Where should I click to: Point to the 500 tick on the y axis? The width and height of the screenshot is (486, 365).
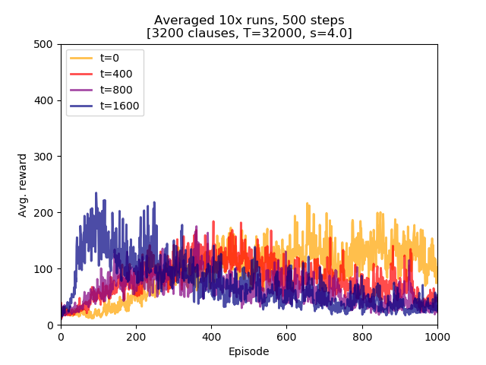(47, 44)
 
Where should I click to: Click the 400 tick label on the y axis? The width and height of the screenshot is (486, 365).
(47, 100)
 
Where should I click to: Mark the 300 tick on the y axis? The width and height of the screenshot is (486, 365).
(47, 157)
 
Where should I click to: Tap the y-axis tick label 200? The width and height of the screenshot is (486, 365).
(47, 213)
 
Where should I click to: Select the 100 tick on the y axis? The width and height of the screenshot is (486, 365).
(47, 269)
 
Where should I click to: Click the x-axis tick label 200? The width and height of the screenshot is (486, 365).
(136, 336)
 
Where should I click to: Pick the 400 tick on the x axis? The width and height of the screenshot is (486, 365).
(211, 336)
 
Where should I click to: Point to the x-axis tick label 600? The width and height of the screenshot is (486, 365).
(286, 336)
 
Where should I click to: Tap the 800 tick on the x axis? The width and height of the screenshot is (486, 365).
(362, 336)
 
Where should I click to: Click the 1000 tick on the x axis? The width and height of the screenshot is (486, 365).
(437, 336)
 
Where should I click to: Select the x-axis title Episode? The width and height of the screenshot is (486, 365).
(249, 351)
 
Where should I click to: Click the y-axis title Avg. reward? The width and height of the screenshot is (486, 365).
(23, 185)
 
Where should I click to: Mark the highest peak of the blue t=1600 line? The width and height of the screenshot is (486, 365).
(96, 193)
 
